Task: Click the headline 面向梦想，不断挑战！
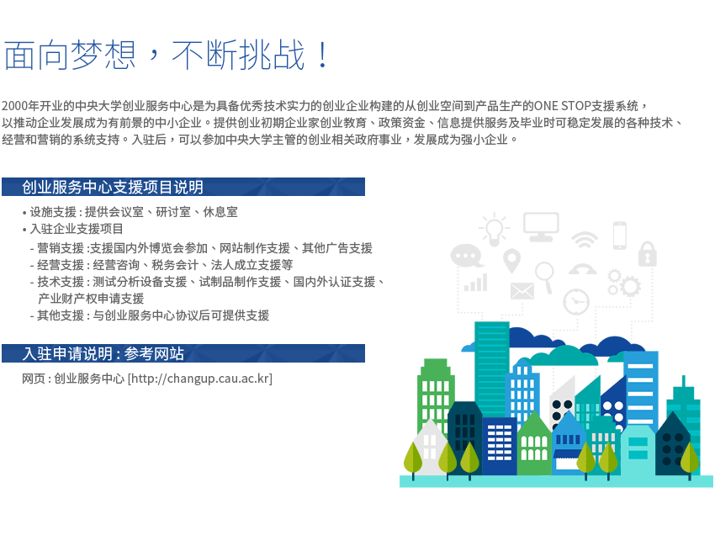click(166, 55)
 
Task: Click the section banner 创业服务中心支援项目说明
click(183, 187)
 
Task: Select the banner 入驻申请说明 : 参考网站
click(183, 353)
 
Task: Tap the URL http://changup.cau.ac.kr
click(199, 379)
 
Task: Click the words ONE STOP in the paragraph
click(562, 106)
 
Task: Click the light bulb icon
click(494, 229)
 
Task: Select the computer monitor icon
click(541, 226)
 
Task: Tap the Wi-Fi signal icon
click(585, 239)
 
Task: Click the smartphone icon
click(620, 236)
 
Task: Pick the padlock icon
click(647, 253)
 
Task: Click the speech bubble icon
click(466, 256)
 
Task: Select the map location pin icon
click(511, 261)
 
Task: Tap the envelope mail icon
click(522, 291)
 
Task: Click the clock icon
click(576, 302)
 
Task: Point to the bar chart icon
click(475, 283)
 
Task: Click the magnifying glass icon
click(545, 277)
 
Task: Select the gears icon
click(624, 283)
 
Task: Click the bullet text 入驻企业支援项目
click(77, 229)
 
